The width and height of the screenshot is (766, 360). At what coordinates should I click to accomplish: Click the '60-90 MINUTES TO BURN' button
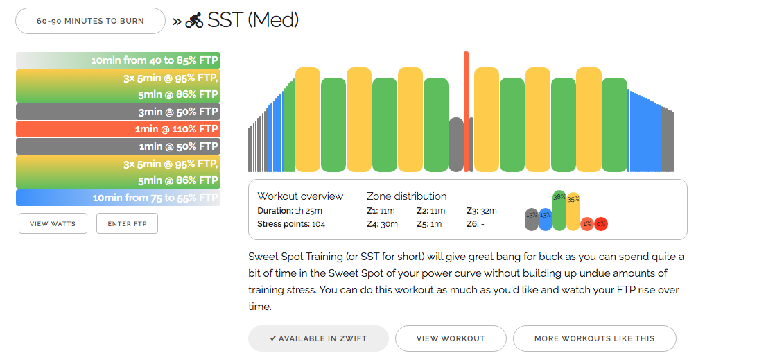(90, 21)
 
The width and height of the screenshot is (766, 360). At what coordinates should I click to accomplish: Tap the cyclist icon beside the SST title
(194, 21)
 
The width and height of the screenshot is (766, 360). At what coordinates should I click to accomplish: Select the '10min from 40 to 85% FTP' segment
(118, 60)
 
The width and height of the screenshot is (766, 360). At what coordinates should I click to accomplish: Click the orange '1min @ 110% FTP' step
(118, 129)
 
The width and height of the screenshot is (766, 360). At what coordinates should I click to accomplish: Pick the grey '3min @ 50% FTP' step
(118, 112)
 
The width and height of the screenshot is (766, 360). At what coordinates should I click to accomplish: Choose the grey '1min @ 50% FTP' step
(118, 146)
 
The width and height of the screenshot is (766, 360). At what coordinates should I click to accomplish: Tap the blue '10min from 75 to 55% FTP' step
(118, 198)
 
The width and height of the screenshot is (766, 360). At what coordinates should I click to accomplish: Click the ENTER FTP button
(127, 223)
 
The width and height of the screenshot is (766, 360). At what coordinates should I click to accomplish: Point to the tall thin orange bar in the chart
(466, 111)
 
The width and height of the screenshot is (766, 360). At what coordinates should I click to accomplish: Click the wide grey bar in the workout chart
(455, 144)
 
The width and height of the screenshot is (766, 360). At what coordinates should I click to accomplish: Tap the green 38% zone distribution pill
(559, 211)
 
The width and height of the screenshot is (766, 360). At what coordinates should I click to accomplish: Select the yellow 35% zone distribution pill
(573, 212)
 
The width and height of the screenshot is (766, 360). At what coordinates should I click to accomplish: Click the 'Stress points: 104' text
(291, 224)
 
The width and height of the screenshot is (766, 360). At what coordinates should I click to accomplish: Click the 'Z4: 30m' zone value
(379, 224)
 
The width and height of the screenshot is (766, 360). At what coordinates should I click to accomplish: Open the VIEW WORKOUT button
(451, 338)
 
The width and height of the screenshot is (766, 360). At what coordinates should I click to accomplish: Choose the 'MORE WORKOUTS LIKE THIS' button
(594, 338)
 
